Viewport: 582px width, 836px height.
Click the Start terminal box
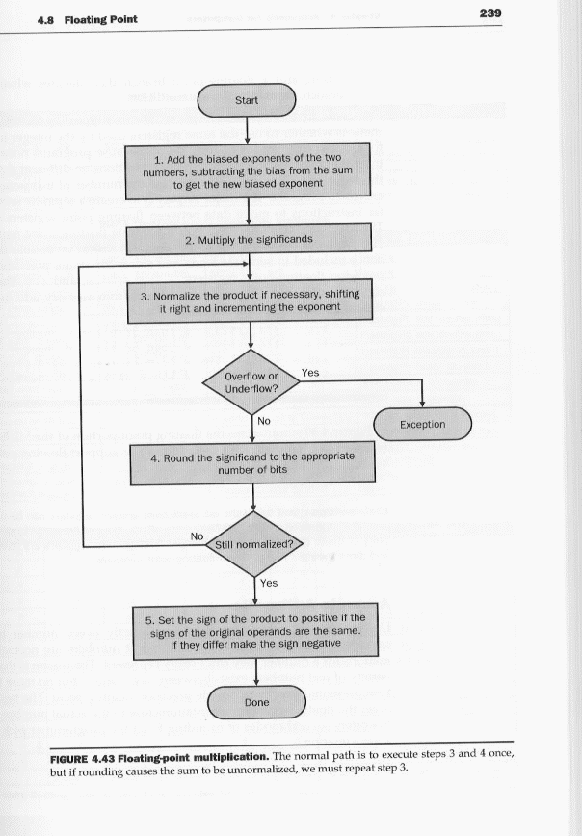(247, 99)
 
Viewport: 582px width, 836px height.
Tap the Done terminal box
(256, 703)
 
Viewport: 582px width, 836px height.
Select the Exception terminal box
(422, 424)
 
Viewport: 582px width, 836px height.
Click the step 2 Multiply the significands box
(249, 239)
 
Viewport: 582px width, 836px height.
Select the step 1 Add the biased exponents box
(248, 170)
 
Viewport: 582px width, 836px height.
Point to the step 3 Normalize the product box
(249, 301)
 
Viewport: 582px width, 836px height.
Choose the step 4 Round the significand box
(252, 464)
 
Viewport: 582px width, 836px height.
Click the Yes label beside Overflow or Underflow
(310, 371)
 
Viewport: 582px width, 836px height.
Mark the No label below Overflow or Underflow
(263, 420)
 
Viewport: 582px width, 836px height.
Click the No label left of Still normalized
(197, 536)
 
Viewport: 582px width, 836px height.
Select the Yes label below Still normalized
(269, 582)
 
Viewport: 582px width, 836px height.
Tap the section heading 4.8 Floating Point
(81, 19)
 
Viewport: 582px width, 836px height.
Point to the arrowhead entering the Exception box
(422, 403)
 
